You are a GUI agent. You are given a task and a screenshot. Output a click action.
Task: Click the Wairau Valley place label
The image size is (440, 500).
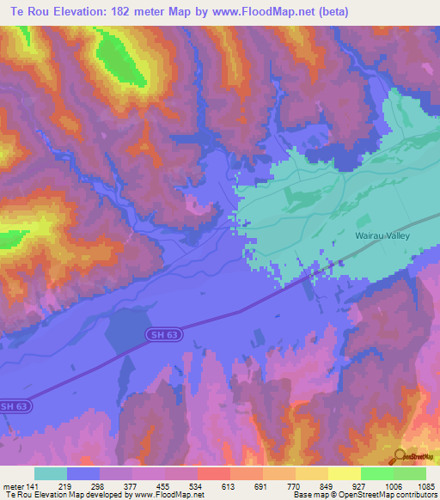[x=382, y=235]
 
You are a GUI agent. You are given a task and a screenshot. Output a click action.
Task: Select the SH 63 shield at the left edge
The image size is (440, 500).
[x=15, y=405]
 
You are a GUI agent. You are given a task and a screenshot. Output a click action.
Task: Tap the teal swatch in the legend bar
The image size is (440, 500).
[x=50, y=473]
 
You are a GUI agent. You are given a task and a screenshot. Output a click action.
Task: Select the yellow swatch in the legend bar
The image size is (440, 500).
[x=344, y=473]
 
